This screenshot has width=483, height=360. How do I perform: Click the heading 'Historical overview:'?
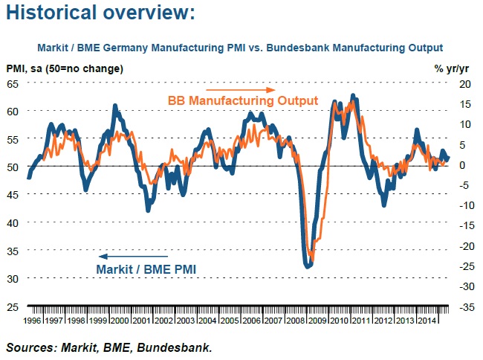(100, 13)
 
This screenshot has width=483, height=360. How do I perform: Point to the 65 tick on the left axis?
(13, 83)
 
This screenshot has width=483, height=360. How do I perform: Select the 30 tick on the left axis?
(13, 277)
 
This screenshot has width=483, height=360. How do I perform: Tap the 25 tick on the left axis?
(13, 306)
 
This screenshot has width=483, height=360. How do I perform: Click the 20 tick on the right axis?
(464, 83)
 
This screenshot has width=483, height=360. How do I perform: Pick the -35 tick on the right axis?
(464, 306)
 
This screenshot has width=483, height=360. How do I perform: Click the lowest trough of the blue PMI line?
(308, 265)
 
